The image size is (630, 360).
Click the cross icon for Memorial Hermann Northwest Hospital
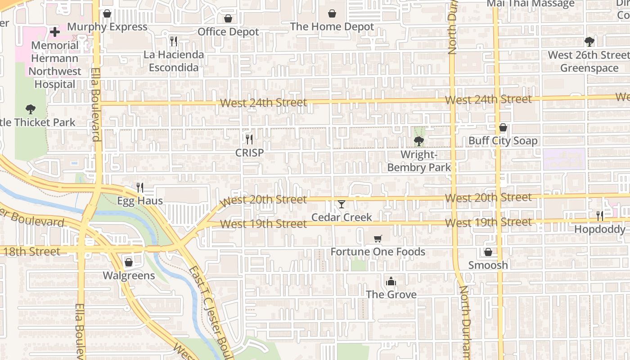[55, 32]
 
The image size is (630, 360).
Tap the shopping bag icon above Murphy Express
[107, 13]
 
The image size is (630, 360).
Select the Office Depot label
[228, 32]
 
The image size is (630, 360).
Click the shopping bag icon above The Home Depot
[332, 13]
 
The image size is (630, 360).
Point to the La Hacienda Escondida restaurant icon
[174, 41]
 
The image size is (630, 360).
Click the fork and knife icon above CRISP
[249, 139]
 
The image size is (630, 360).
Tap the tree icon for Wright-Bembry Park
[419, 141]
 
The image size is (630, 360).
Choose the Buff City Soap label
[503, 141]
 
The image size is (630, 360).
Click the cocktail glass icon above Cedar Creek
[342, 204]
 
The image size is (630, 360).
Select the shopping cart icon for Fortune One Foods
[378, 238]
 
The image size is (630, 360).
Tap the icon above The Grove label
[391, 282]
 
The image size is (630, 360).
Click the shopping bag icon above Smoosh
[488, 252]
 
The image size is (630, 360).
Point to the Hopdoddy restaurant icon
[600, 216]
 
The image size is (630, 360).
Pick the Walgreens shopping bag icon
[129, 262]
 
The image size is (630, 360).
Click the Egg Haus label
[140, 201]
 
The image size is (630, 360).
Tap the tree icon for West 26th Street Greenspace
[589, 42]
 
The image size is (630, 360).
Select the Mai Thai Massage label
[531, 4]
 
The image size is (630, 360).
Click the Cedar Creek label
[342, 217]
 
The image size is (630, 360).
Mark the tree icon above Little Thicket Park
[31, 109]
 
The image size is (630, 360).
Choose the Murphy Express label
[107, 27]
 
